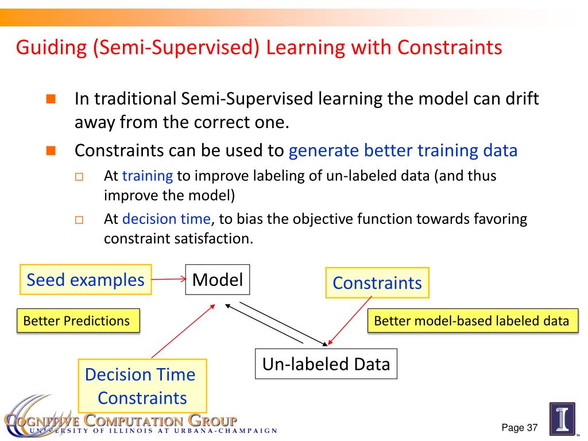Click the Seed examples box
click(x=86, y=280)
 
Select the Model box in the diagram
click(x=218, y=280)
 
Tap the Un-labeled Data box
click(x=326, y=363)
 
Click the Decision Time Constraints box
click(x=142, y=386)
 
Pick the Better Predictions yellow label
click(x=78, y=320)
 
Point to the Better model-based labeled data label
click(x=473, y=320)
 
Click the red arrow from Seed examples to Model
click(x=169, y=279)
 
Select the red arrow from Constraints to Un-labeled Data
click(x=350, y=320)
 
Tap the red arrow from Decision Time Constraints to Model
click(x=183, y=331)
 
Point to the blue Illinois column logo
click(x=562, y=419)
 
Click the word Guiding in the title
click(x=51, y=48)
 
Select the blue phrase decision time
click(x=167, y=219)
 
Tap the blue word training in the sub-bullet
click(x=148, y=176)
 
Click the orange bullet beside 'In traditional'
click(x=51, y=99)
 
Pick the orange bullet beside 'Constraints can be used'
click(x=51, y=151)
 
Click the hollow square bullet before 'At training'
click(x=79, y=176)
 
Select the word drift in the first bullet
click(x=522, y=99)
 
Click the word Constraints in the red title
click(x=450, y=48)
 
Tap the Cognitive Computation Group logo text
click(x=121, y=420)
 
